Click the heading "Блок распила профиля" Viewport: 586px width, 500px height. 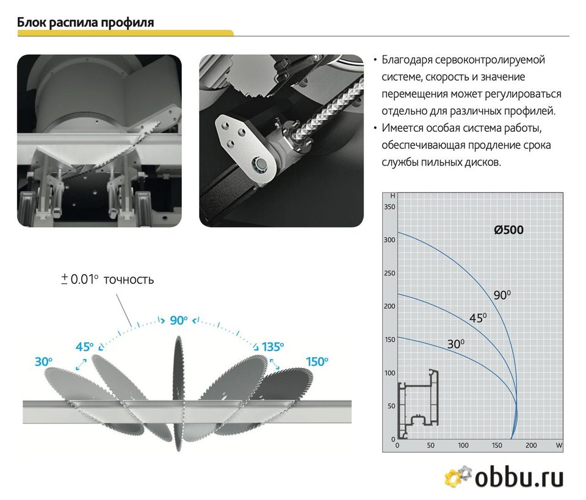[85, 23]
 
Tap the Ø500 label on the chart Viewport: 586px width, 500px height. [508, 230]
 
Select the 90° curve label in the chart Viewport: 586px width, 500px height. [502, 295]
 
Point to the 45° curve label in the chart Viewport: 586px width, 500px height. [478, 317]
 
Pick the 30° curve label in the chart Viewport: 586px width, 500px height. [456, 344]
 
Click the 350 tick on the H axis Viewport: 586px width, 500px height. [389, 207]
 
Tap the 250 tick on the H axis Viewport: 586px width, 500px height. [389, 273]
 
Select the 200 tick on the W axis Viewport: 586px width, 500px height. [530, 445]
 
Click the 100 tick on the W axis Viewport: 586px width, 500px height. [463, 445]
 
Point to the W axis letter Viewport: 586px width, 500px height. [559, 445]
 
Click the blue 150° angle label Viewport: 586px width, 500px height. [317, 362]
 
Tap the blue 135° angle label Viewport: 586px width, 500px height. [272, 347]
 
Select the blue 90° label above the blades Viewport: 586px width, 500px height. [179, 321]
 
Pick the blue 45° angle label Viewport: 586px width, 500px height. [84, 347]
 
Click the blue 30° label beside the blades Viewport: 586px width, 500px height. [43, 362]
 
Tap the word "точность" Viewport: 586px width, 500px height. [129, 280]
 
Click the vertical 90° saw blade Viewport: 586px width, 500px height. [179, 393]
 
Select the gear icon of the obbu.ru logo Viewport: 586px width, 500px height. [458, 476]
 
